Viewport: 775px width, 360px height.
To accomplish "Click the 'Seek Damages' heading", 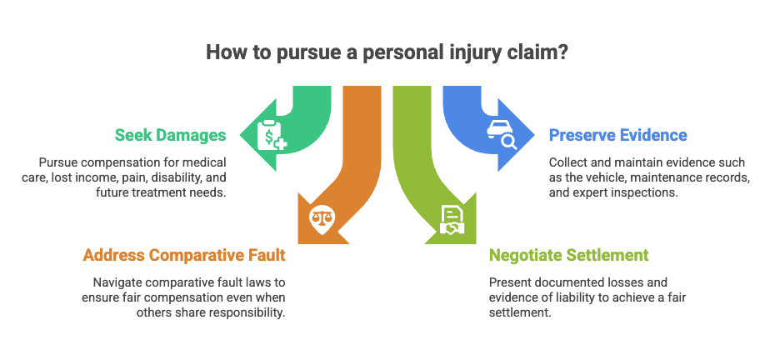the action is [x=171, y=135].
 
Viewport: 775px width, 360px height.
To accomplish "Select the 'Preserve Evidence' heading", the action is [x=618, y=135].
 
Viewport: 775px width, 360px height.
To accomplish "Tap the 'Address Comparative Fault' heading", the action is [x=184, y=255].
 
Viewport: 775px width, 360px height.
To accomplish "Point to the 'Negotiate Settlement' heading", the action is [x=569, y=255].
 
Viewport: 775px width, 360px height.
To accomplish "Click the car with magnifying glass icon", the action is [x=502, y=134].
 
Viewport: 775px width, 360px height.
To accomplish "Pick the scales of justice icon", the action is [x=322, y=219].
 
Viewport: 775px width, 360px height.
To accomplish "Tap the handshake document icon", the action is [x=451, y=219].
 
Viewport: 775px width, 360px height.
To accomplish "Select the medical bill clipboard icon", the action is [x=272, y=134].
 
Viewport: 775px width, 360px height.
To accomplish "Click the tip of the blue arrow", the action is [x=535, y=134].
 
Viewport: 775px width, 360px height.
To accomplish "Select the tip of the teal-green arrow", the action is [x=240, y=134].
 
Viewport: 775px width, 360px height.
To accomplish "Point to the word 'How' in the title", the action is [x=223, y=52].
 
